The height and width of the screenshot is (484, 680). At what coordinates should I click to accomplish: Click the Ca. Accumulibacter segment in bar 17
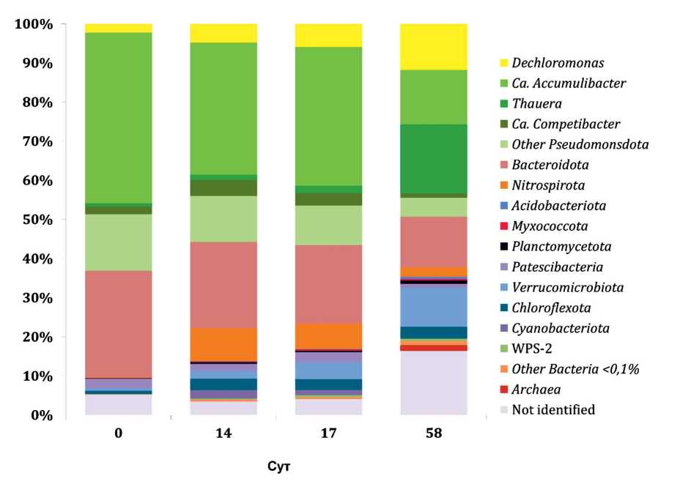coord(328,116)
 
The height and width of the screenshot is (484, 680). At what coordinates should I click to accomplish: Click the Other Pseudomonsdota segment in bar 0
coord(118,242)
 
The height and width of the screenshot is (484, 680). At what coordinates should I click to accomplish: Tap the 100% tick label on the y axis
coord(34,24)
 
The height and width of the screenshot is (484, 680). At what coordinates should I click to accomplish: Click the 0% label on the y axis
coord(40,415)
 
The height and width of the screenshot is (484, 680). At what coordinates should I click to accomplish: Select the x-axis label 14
coord(223,433)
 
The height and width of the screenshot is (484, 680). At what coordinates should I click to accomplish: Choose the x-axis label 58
coord(433,433)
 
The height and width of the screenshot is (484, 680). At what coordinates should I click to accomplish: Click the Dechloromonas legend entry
coord(554,63)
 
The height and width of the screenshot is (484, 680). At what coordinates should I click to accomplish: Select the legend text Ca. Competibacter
coord(566,124)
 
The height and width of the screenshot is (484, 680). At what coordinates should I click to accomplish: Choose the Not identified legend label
coord(553,409)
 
